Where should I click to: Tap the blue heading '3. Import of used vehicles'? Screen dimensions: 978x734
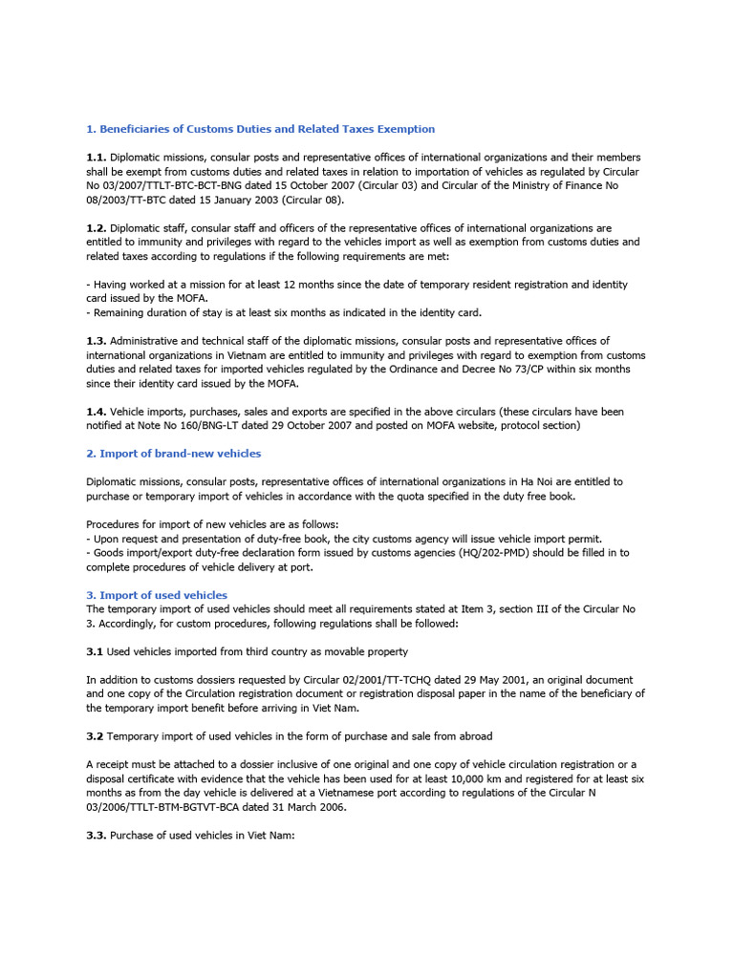click(x=157, y=595)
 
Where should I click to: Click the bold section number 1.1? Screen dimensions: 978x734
click(x=97, y=157)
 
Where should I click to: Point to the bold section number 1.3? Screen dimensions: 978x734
click(x=97, y=341)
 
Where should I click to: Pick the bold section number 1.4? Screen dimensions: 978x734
click(x=97, y=412)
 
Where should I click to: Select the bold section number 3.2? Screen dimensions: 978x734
click(x=96, y=736)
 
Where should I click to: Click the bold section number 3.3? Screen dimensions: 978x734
click(x=97, y=836)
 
